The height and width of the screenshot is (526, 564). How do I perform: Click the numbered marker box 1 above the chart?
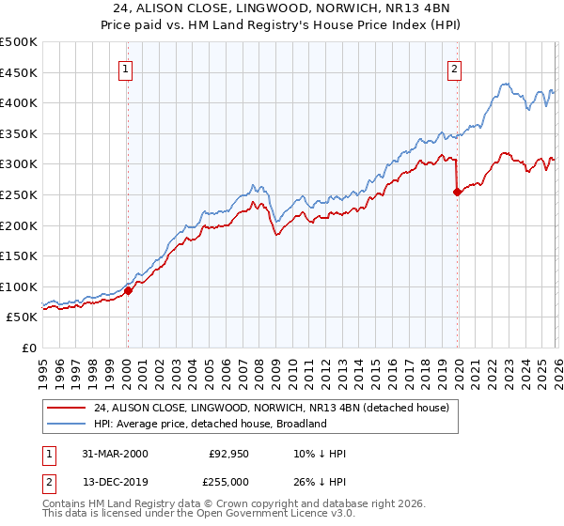tap(126, 68)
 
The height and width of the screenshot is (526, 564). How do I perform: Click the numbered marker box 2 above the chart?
tap(455, 68)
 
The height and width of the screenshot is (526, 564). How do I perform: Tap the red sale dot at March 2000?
tap(129, 290)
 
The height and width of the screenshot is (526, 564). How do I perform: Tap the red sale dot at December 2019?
tap(457, 192)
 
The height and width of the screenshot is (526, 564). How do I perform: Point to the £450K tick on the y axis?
tap(19, 72)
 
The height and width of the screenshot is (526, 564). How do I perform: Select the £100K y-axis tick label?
tap(19, 286)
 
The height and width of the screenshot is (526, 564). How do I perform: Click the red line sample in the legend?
tap(67, 408)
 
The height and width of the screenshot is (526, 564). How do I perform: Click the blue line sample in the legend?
tap(67, 424)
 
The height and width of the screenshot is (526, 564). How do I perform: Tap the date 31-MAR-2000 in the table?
tap(114, 454)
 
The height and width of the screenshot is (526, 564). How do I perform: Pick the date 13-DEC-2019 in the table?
tap(114, 481)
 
